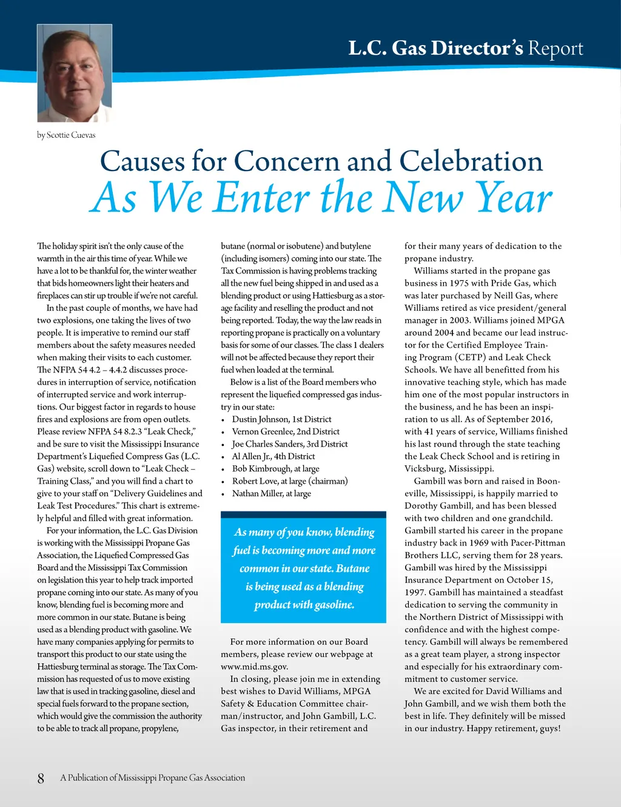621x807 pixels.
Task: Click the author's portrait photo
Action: pyautogui.click(x=75, y=73)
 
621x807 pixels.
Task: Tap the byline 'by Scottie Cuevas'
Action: pyautogui.click(x=66, y=135)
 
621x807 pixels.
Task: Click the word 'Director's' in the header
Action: pyautogui.click(x=477, y=48)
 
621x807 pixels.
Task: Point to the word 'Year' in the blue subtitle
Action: pyautogui.click(x=513, y=198)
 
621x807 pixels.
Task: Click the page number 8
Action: pyautogui.click(x=41, y=778)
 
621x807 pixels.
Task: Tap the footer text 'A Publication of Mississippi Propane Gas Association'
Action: pyautogui.click(x=152, y=778)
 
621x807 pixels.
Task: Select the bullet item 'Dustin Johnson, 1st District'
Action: pyautogui.click(x=281, y=419)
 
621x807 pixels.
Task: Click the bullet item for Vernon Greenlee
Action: pyautogui.click(x=286, y=431)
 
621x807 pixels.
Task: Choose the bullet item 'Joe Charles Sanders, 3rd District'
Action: pyautogui.click(x=290, y=444)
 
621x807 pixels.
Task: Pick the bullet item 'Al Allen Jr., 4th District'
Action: pyautogui.click(x=274, y=456)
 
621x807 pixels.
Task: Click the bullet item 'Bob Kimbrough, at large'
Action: pyautogui.click(x=275, y=468)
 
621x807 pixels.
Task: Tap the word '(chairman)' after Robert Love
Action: pyautogui.click(x=328, y=481)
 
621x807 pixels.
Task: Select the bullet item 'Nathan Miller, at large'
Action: pyautogui.click(x=271, y=493)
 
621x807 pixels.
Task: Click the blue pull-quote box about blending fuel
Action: pyautogui.click(x=303, y=567)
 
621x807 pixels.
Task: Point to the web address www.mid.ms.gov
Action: pyautogui.click(x=254, y=666)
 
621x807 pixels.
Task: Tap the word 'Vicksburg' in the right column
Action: pyautogui.click(x=425, y=468)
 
